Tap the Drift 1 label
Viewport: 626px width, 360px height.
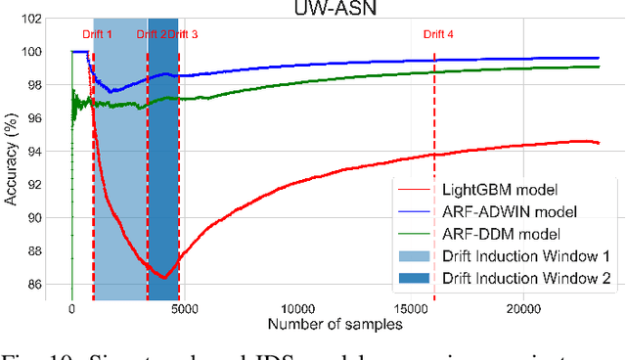[95, 34]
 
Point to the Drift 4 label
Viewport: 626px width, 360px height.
[437, 34]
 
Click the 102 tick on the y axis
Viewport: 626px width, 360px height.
[40, 19]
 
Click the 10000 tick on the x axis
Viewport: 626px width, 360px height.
[297, 310]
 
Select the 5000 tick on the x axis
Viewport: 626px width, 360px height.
[184, 310]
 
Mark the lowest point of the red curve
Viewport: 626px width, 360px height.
[163, 277]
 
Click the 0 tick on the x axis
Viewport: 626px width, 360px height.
[71, 310]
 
